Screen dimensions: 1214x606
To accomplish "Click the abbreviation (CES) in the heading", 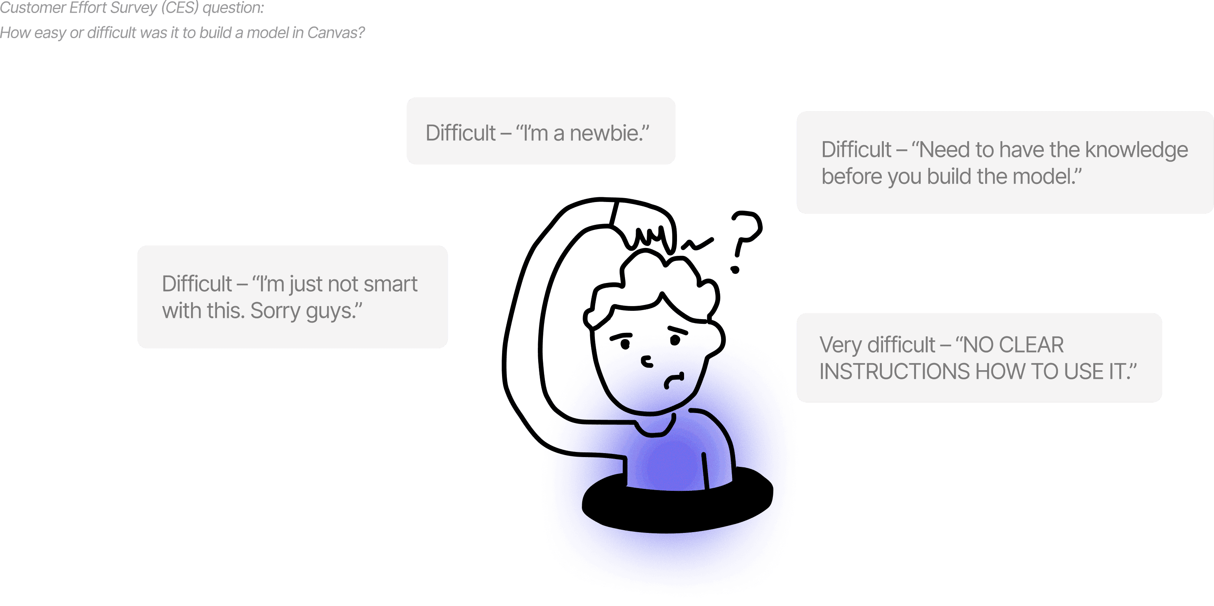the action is point(180,7).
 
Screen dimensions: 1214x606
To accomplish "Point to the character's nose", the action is point(647,362).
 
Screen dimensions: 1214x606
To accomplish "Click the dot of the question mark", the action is point(735,270).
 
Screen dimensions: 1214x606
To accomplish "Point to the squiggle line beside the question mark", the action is point(697,244).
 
